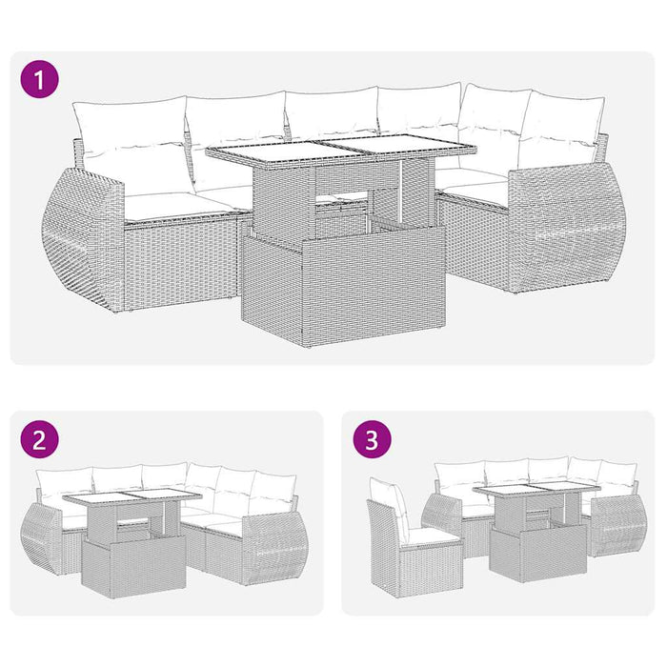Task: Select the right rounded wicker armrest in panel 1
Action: click(567, 229)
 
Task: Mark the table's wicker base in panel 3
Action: click(525, 554)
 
